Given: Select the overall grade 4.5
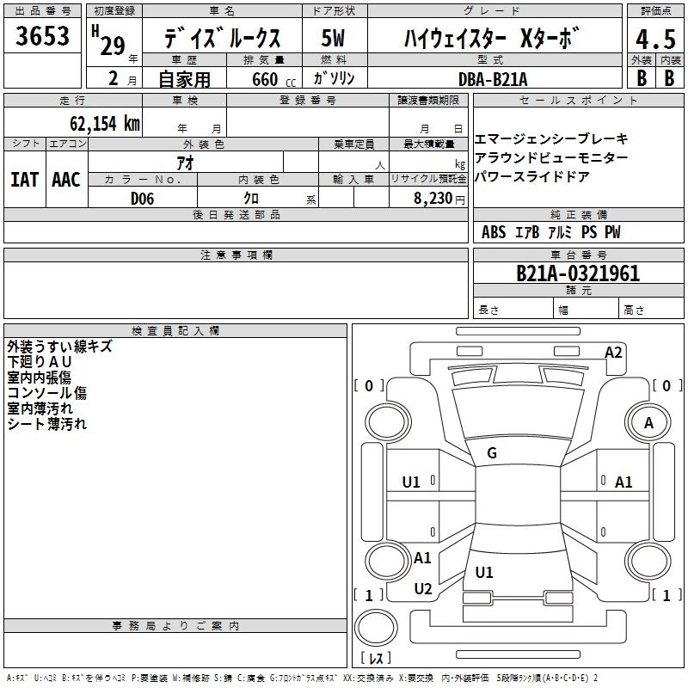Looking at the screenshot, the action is pyautogui.click(x=654, y=40).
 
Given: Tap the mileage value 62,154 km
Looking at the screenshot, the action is pyautogui.click(x=104, y=124).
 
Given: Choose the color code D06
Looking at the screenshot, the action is pyautogui.click(x=142, y=198).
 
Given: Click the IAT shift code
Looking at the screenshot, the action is pyautogui.click(x=24, y=180).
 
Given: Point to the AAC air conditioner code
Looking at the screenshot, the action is pyautogui.click(x=66, y=180).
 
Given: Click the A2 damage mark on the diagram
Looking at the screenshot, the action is pyautogui.click(x=613, y=352).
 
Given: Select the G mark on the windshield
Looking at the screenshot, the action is pyautogui.click(x=492, y=453).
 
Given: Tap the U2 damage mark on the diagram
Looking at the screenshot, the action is pyautogui.click(x=422, y=588).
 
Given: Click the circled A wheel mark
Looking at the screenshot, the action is pyautogui.click(x=648, y=423).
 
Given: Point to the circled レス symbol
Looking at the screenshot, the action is pyautogui.click(x=376, y=659).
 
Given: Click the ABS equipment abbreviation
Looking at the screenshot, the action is pyautogui.click(x=494, y=232).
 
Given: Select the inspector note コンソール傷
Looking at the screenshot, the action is pyautogui.click(x=46, y=393).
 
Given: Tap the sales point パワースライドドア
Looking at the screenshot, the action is pyautogui.click(x=532, y=177).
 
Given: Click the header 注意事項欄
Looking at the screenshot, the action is pyautogui.click(x=236, y=255).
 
